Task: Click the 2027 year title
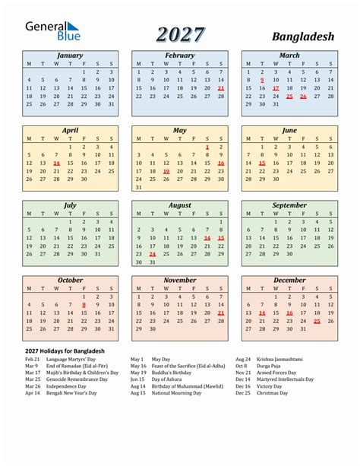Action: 180,34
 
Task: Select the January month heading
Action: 70,55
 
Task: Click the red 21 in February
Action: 220,88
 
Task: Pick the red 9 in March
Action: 262,80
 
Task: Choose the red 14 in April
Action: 57,163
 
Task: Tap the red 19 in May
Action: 166,172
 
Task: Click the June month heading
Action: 289,130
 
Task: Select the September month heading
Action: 289,205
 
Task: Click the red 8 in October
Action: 84,304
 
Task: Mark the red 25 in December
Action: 317,321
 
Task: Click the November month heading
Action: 180,280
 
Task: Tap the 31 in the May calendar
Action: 138,187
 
